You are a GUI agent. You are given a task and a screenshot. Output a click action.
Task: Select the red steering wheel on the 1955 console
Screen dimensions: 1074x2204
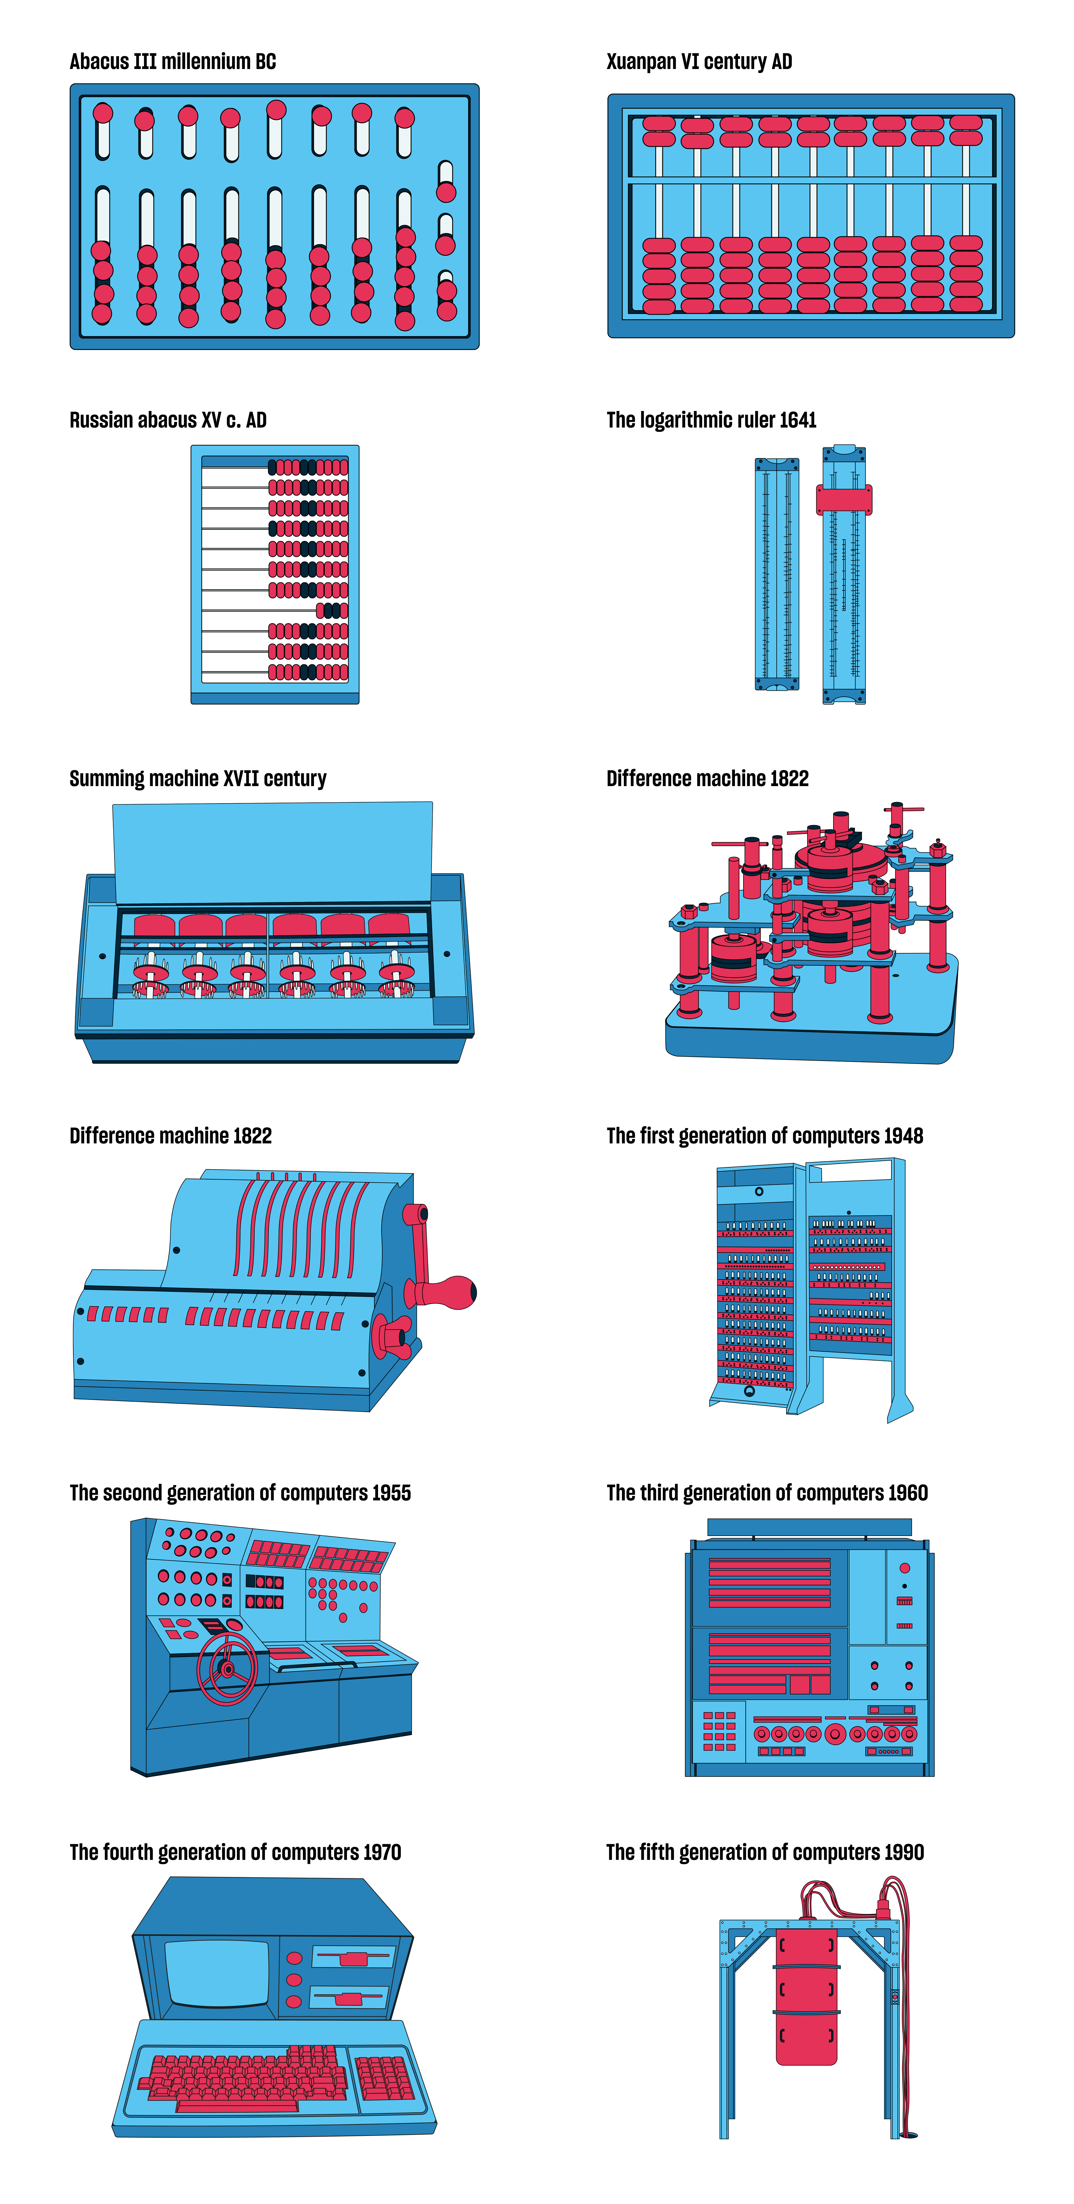pyautogui.click(x=228, y=1668)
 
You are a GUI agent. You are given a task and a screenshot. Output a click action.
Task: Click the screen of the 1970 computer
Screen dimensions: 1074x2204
pyautogui.click(x=217, y=1972)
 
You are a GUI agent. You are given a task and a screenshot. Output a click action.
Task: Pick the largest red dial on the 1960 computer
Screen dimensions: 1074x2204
pyautogui.click(x=835, y=1734)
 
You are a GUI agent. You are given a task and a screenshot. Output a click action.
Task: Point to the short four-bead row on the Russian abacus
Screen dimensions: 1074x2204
pyautogui.click(x=332, y=610)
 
